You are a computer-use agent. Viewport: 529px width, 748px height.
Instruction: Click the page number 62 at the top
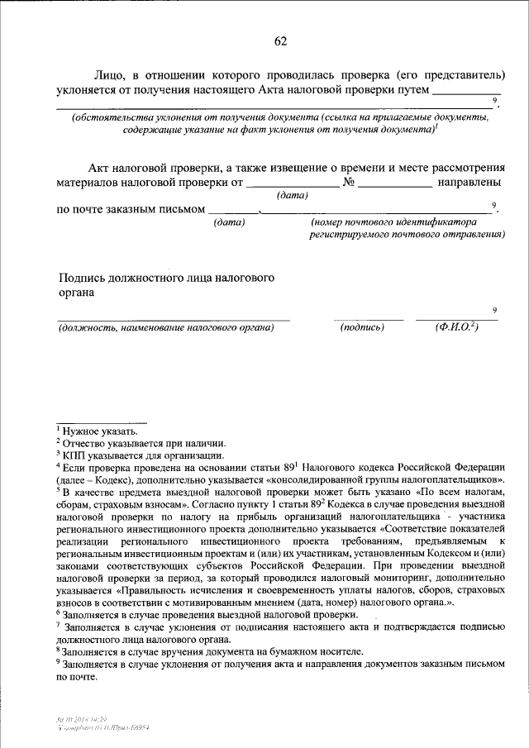(280, 41)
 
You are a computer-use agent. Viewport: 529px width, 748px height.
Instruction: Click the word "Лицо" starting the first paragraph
(110, 74)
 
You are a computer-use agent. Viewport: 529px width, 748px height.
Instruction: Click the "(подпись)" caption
(363, 328)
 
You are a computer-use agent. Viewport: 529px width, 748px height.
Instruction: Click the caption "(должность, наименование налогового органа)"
(165, 328)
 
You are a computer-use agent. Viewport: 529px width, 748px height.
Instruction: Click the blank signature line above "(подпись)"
(369, 319)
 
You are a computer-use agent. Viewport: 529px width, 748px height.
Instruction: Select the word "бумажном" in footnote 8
(280, 650)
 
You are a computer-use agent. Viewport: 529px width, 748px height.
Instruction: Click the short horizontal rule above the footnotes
(101, 421)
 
